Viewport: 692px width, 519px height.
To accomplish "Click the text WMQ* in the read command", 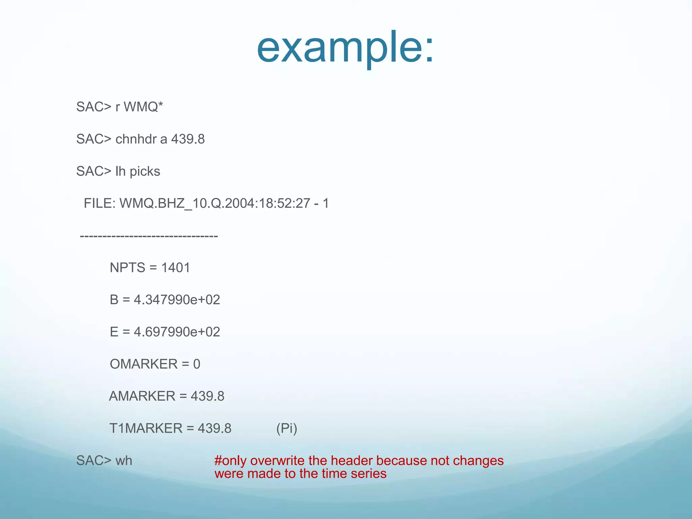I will pyautogui.click(x=143, y=107).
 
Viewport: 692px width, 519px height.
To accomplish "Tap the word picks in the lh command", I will pyautogui.click(x=145, y=171).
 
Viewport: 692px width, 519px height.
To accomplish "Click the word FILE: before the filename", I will pyautogui.click(x=100, y=203).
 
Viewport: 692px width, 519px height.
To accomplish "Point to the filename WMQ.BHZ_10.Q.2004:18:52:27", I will pyautogui.click(x=215, y=203).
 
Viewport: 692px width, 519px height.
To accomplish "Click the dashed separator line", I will pyautogui.click(x=149, y=236).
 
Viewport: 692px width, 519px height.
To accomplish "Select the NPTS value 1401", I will pyautogui.click(x=176, y=268).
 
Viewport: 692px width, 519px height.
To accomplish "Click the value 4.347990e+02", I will pyautogui.click(x=177, y=300).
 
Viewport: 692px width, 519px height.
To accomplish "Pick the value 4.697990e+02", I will pyautogui.click(x=177, y=332).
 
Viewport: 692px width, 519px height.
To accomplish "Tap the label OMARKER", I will pyautogui.click(x=144, y=364).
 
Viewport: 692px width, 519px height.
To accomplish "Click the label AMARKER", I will pyautogui.click(x=142, y=396).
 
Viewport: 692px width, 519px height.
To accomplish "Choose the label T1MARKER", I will pyautogui.click(x=146, y=428).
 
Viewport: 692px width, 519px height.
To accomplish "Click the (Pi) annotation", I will pyautogui.click(x=287, y=428).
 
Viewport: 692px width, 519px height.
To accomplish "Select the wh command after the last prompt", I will pyautogui.click(x=124, y=461).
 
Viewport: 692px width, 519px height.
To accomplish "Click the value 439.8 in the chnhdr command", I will pyautogui.click(x=188, y=139).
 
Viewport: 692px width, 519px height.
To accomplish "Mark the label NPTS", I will pyautogui.click(x=127, y=268).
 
